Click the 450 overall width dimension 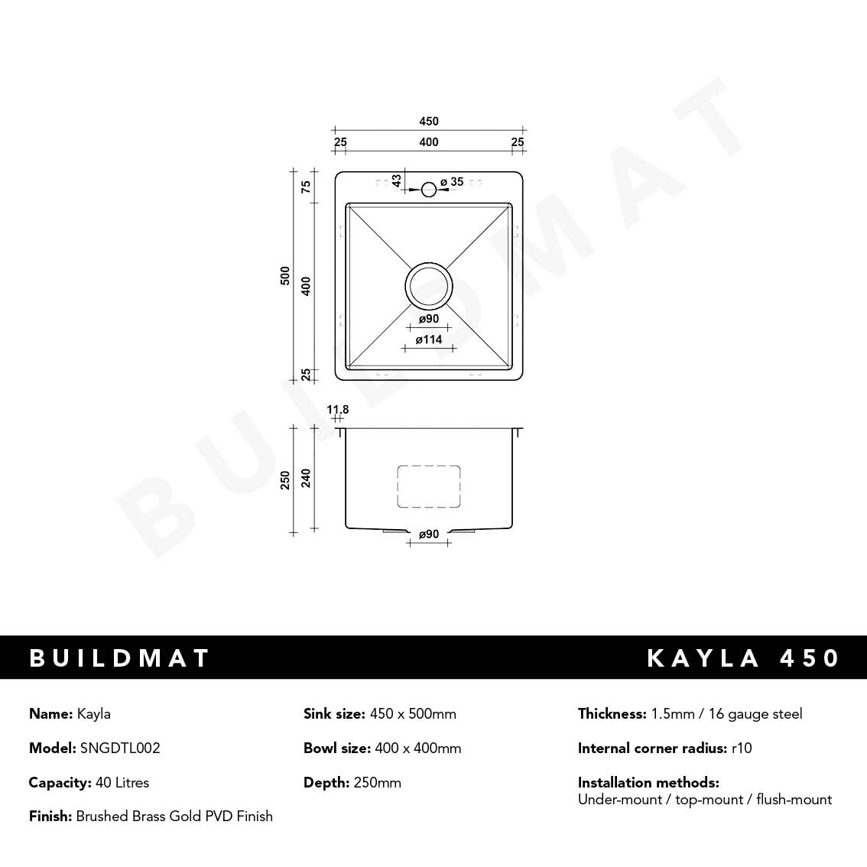click(x=429, y=121)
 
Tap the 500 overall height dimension click(x=285, y=276)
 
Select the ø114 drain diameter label click(x=429, y=339)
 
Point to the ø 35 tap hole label click(x=452, y=182)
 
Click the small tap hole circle click(x=429, y=188)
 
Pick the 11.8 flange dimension click(x=337, y=410)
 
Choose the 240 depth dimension click(x=306, y=478)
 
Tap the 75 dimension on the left click(x=306, y=186)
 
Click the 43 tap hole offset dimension click(x=396, y=180)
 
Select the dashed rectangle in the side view click(x=428, y=486)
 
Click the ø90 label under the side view click(x=428, y=534)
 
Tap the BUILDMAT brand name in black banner click(x=119, y=658)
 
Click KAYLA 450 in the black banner click(x=743, y=658)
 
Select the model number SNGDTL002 click(x=120, y=748)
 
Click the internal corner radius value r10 click(x=742, y=748)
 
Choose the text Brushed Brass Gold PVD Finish click(x=174, y=817)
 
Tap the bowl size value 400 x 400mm click(x=418, y=748)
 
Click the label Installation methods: click(x=648, y=783)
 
